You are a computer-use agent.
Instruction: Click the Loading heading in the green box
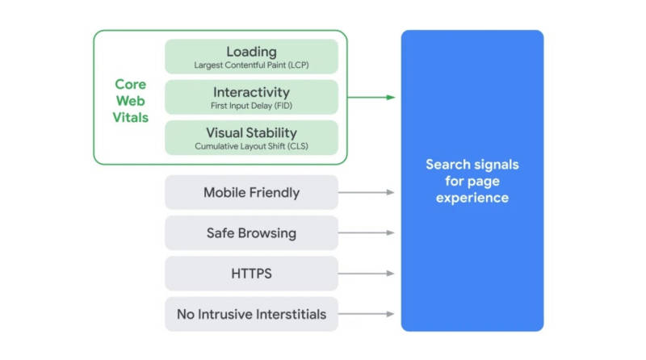click(x=251, y=51)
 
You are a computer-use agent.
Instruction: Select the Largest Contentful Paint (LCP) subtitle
click(x=251, y=65)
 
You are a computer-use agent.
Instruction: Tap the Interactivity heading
click(x=251, y=92)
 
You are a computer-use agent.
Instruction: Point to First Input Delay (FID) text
click(x=251, y=106)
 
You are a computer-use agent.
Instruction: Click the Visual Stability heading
click(x=251, y=132)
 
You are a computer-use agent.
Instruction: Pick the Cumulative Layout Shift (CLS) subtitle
click(x=251, y=146)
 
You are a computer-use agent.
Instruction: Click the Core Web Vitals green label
click(x=131, y=100)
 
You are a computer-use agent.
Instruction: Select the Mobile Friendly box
click(x=251, y=193)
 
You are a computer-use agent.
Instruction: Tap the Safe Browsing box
click(x=251, y=233)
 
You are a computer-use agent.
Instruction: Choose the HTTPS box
click(x=251, y=274)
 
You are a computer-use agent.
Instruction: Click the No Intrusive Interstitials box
click(x=251, y=314)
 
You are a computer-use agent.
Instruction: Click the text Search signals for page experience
click(x=472, y=181)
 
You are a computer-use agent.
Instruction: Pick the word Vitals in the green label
click(x=131, y=117)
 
